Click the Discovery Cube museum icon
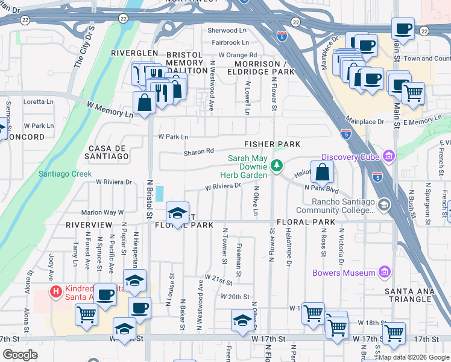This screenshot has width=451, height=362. [x=388, y=157]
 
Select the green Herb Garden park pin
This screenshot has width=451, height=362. [x=277, y=165]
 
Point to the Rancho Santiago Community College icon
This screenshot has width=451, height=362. [x=383, y=206]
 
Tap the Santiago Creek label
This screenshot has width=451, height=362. [x=58, y=173]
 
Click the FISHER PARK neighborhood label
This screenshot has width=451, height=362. [x=272, y=144]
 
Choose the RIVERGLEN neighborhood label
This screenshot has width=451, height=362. [x=134, y=53]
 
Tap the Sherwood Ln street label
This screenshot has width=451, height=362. [x=227, y=30]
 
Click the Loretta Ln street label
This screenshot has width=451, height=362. [x=39, y=102]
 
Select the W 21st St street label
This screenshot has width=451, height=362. [x=218, y=278]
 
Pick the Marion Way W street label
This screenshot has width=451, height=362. [x=102, y=212]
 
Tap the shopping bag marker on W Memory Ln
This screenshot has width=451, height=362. [x=145, y=103]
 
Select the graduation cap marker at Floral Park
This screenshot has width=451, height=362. [x=177, y=214]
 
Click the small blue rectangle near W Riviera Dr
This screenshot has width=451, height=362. [x=159, y=194]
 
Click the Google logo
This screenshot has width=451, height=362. [x=20, y=355]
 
